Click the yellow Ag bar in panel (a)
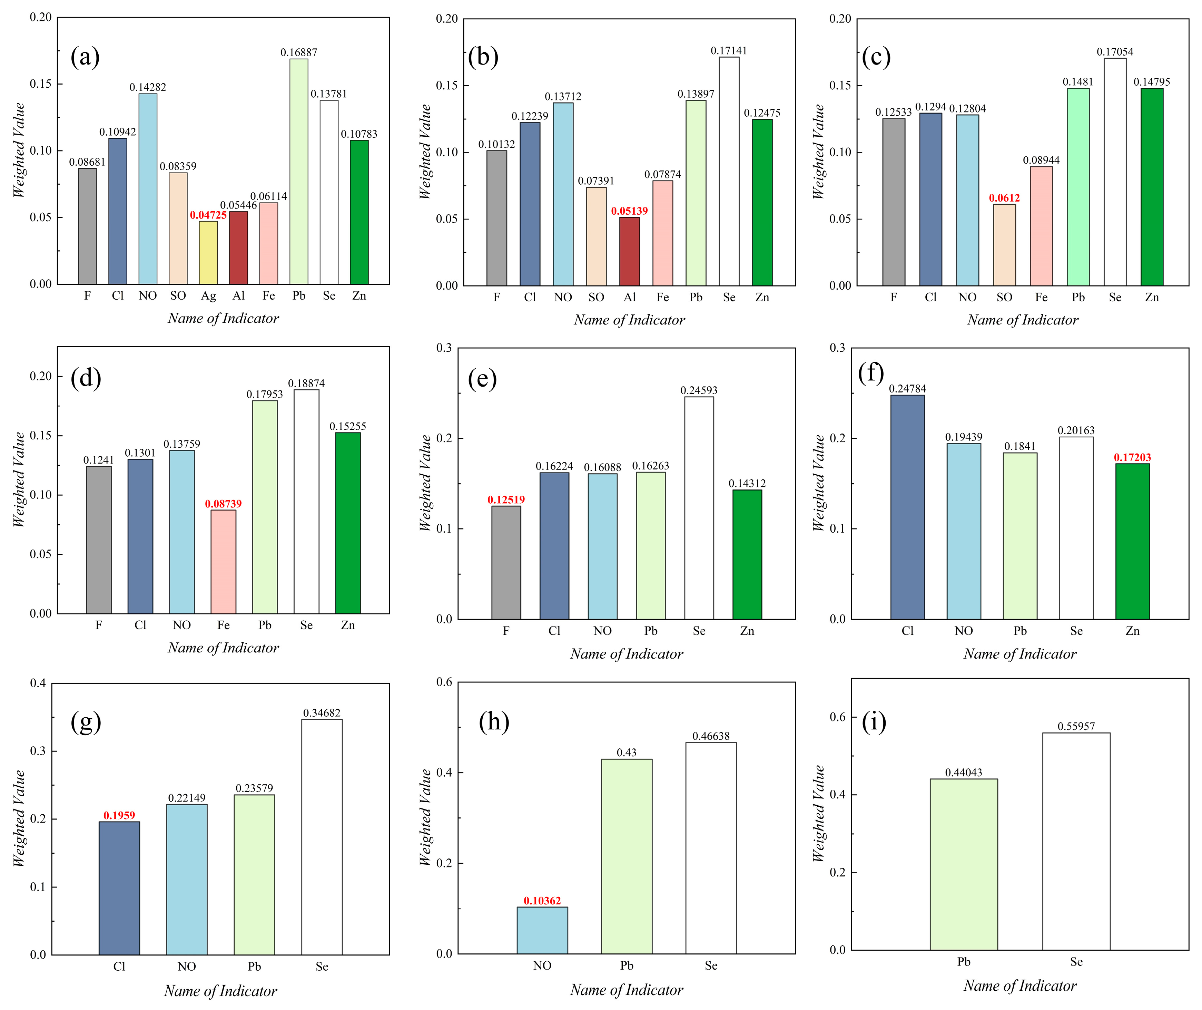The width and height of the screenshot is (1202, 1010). tap(208, 253)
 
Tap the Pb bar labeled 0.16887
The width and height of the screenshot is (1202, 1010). tap(299, 172)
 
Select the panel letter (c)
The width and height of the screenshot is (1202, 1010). tap(876, 57)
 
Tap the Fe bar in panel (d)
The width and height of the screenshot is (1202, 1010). tap(223, 562)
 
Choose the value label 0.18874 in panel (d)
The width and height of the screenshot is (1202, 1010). tap(306, 383)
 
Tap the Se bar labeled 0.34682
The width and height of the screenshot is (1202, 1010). tap(322, 836)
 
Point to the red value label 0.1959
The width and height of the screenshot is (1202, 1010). tap(119, 815)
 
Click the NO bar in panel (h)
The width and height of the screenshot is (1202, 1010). tap(542, 930)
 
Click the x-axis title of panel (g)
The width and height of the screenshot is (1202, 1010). tap(220, 991)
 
